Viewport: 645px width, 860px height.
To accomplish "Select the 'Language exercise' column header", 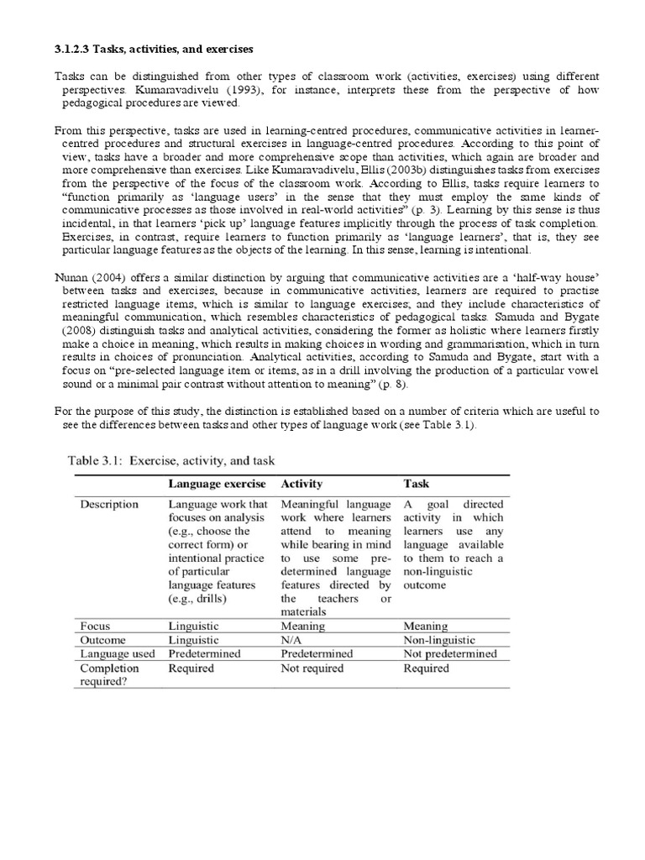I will click(x=217, y=484).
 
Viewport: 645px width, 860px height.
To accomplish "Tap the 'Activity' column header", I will click(x=302, y=484).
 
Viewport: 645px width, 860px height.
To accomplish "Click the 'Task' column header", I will click(x=417, y=484).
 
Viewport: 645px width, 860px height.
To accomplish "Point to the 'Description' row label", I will click(x=109, y=505).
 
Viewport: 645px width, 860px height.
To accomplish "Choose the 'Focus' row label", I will click(x=95, y=626).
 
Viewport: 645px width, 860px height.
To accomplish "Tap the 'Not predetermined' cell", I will click(x=449, y=653).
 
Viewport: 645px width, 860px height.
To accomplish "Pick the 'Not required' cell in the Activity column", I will click(x=312, y=669).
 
